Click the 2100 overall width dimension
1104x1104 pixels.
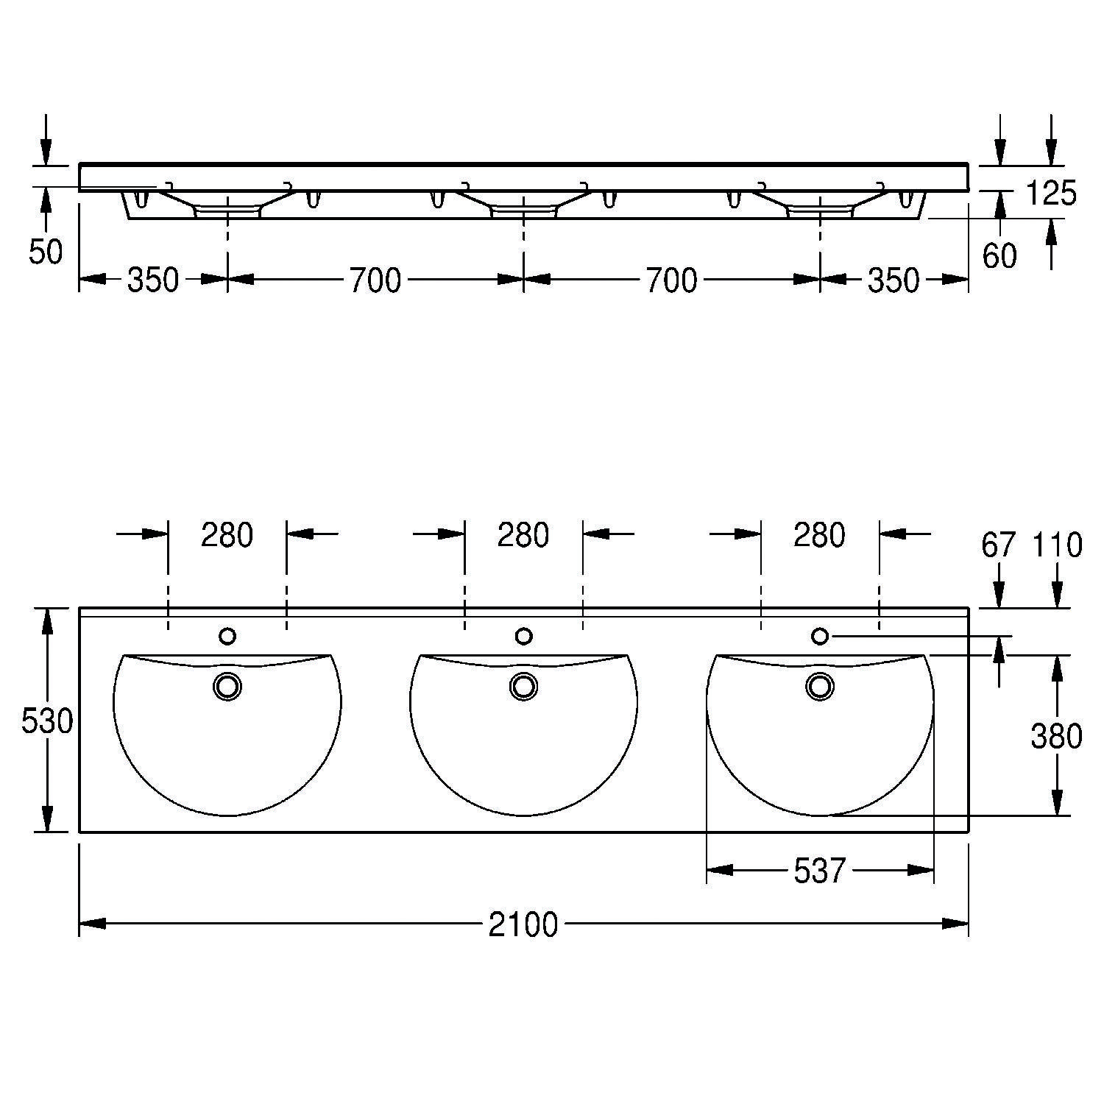click(523, 924)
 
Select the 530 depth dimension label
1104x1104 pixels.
click(47, 722)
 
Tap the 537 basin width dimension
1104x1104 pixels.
click(819, 871)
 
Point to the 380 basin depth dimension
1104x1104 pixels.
click(1056, 736)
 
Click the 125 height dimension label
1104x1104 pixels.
click(1050, 194)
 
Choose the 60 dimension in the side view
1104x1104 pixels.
click(999, 256)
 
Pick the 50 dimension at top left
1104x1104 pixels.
click(46, 252)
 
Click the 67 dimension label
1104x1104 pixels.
click(999, 545)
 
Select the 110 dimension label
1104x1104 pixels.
click(1057, 545)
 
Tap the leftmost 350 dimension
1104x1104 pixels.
click(153, 280)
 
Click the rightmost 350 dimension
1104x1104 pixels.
click(894, 280)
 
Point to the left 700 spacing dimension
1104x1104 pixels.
click(375, 280)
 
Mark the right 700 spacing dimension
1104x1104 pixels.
click(671, 280)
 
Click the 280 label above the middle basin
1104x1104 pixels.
click(523, 535)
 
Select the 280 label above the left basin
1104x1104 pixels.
click(227, 535)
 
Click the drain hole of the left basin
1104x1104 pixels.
click(227, 686)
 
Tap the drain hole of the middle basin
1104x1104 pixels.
click(523, 686)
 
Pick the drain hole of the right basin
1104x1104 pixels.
click(819, 686)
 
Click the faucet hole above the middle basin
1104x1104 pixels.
click(523, 635)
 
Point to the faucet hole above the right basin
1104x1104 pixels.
click(819, 635)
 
